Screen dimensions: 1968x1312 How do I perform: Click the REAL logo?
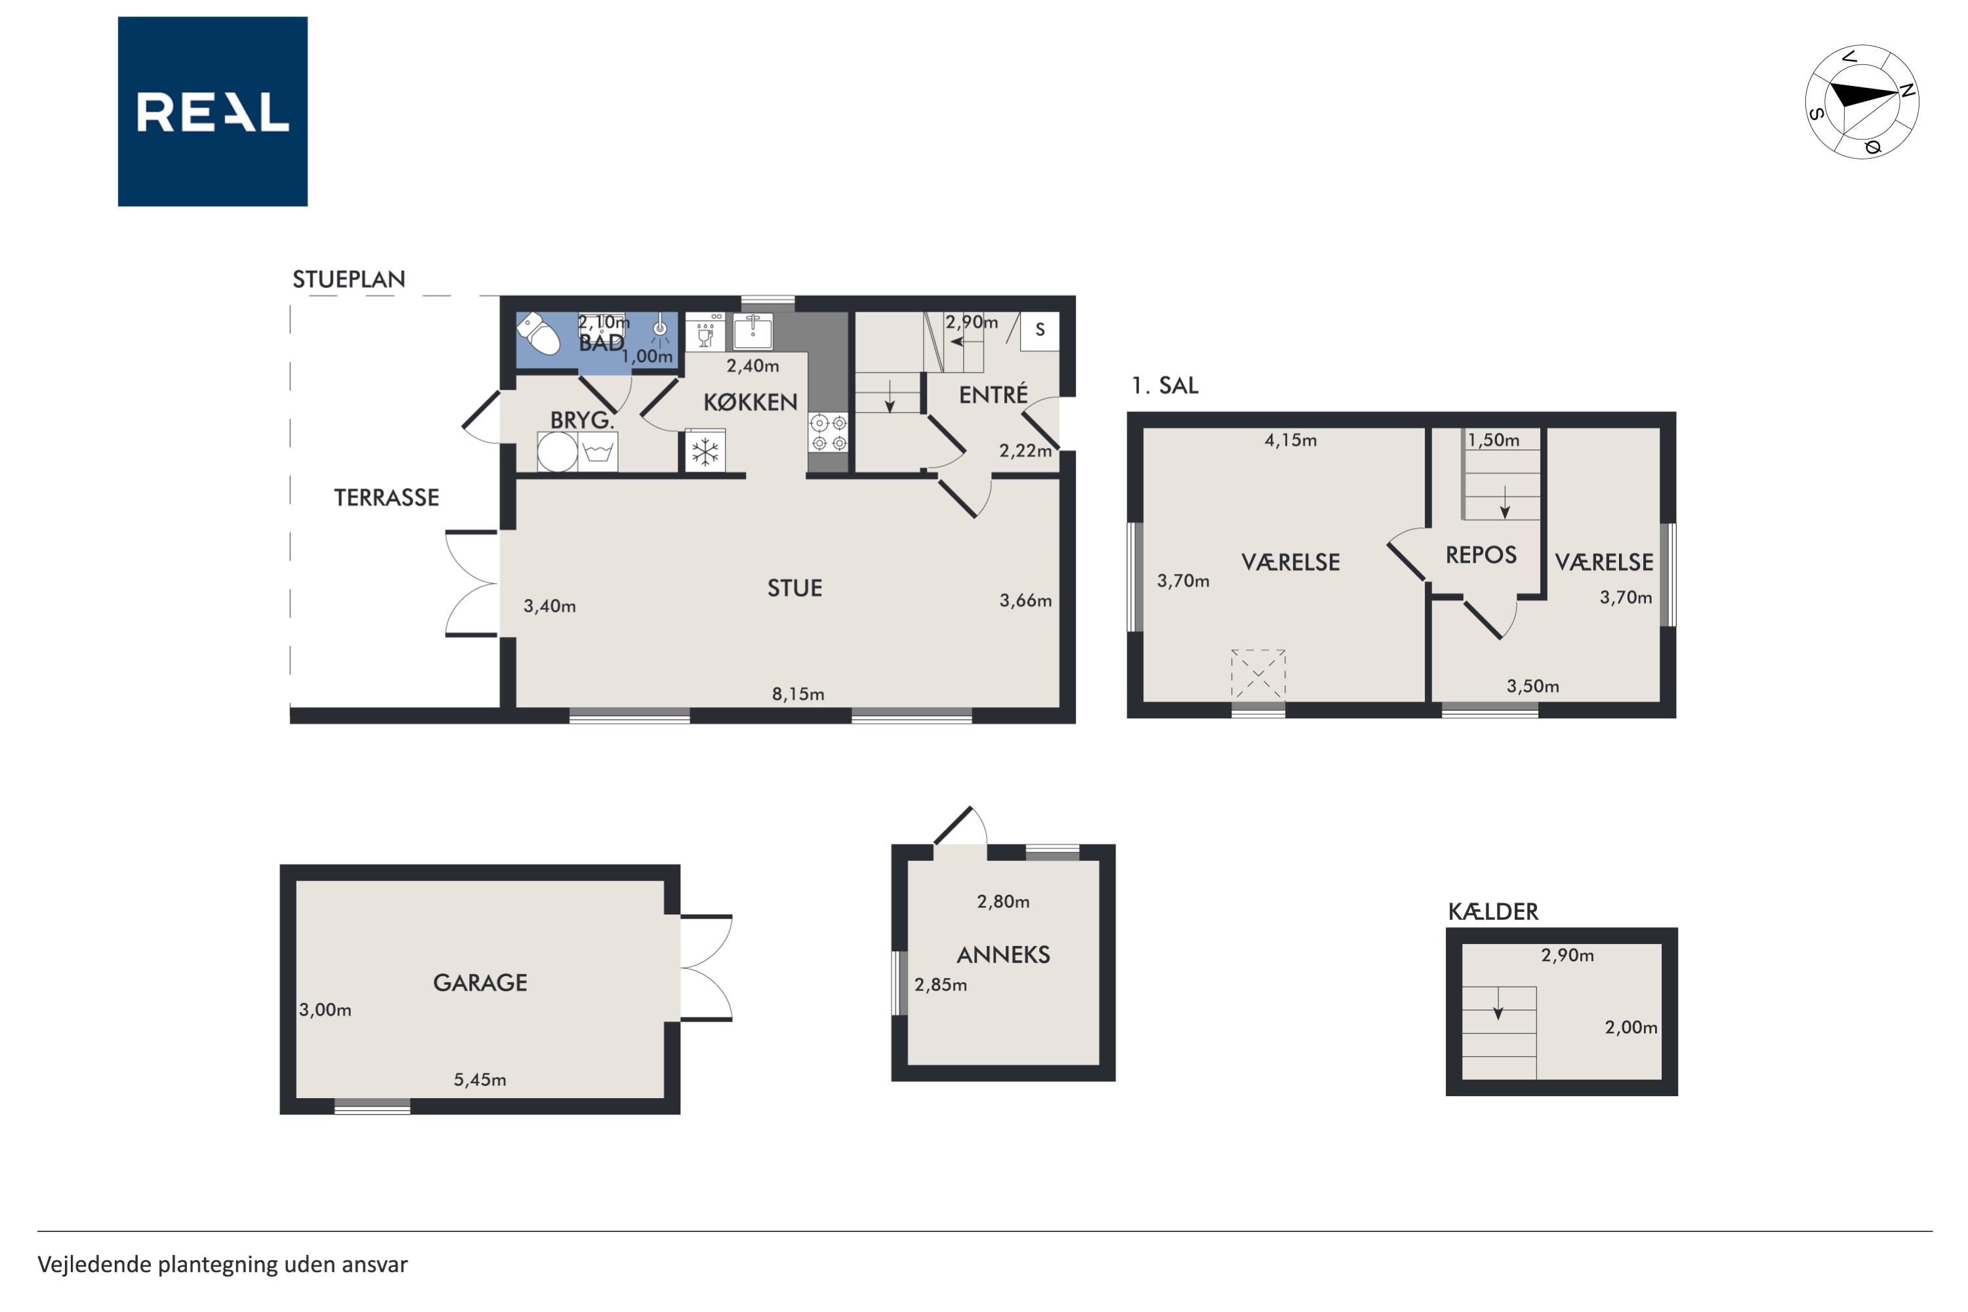[x=213, y=112]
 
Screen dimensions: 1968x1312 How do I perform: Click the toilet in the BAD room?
[x=539, y=334]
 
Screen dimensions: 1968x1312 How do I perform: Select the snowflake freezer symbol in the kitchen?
[x=705, y=453]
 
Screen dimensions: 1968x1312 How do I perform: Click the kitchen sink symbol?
[x=753, y=331]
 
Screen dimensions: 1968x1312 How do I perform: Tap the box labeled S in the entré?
[x=1039, y=330]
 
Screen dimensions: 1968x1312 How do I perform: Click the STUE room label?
[x=795, y=588]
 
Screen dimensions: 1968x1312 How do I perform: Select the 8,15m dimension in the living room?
[x=798, y=693]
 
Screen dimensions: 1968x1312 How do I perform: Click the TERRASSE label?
[x=386, y=498]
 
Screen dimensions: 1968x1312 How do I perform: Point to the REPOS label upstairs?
[x=1481, y=555]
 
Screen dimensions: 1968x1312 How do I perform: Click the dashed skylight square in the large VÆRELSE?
[x=1258, y=674]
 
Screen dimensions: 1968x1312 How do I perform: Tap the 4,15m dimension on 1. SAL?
[x=1290, y=440]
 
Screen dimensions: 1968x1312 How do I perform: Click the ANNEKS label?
[x=1003, y=954]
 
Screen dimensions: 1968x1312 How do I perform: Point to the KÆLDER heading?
[x=1494, y=911]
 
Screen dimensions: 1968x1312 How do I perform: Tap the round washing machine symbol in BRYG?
[x=557, y=453]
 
